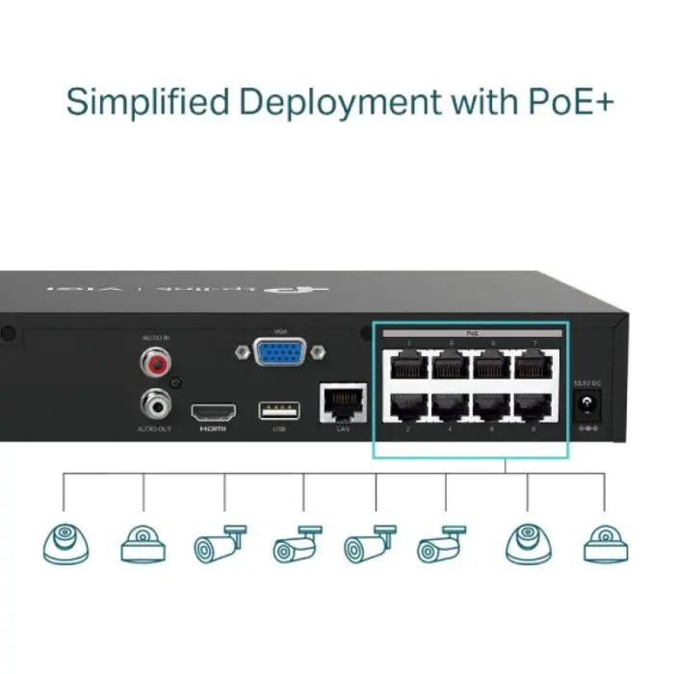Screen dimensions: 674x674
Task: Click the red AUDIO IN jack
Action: coord(152,363)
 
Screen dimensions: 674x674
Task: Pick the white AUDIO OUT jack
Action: coord(152,399)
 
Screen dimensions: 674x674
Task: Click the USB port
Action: coord(278,410)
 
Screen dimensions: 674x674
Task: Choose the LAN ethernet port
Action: coord(342,402)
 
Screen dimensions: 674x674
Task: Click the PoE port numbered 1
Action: coord(408,366)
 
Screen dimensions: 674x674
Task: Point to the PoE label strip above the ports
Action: coord(472,332)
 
